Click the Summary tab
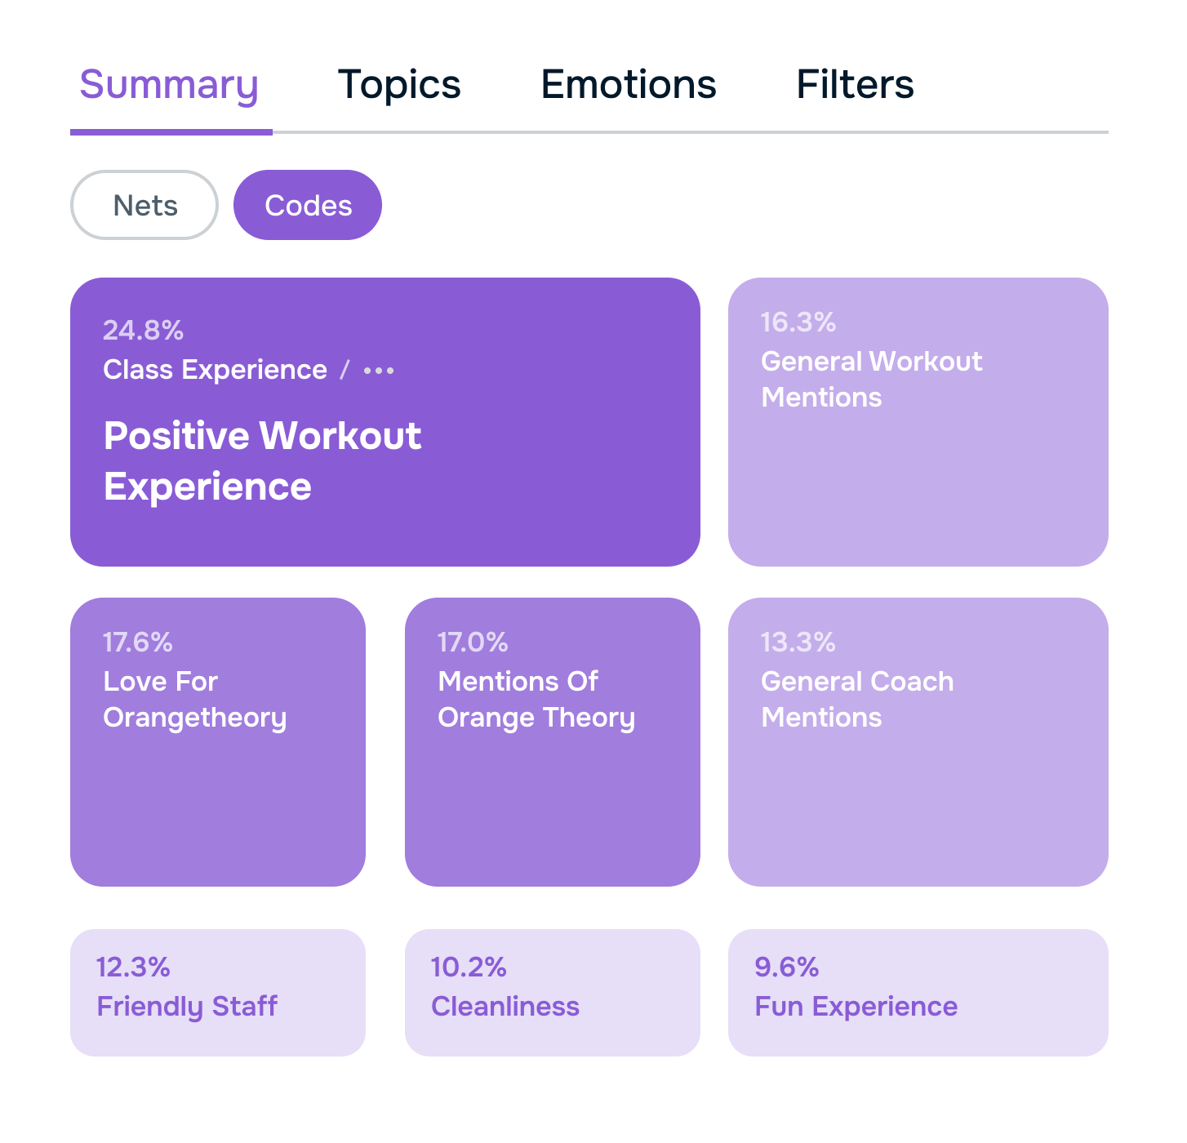169,86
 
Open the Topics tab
399,86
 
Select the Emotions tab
629,86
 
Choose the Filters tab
855,86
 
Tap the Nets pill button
144,206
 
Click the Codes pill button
308,206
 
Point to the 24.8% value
143,331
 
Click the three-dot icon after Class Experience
379,371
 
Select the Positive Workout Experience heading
262,461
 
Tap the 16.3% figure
798,322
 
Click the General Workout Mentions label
871,380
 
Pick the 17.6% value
137,643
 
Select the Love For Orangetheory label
194,700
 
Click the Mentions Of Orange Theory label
536,700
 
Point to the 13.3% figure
798,643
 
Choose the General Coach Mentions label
857,700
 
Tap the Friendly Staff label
187,1007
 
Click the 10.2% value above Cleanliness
469,967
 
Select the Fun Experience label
856,1007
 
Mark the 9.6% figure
786,967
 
